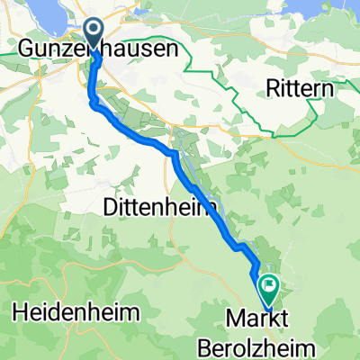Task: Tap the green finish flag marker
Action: [268, 289]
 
